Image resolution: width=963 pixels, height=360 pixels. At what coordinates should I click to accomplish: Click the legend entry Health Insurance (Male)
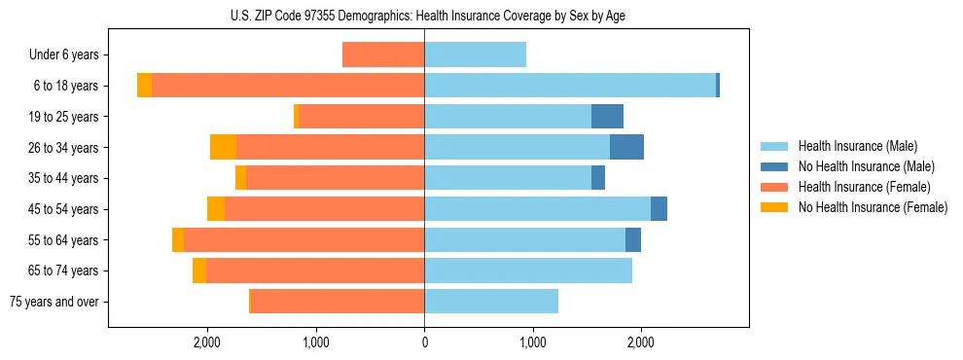pyautogui.click(x=856, y=146)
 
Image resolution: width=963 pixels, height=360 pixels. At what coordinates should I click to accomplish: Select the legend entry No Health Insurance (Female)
pyautogui.click(x=873, y=207)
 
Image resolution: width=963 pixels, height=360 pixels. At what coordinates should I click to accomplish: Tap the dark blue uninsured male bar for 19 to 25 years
pyautogui.click(x=607, y=117)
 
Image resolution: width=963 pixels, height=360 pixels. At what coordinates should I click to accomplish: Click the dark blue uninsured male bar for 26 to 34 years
pyautogui.click(x=626, y=147)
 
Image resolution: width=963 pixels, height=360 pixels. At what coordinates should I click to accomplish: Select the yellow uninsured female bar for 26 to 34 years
pyautogui.click(x=224, y=147)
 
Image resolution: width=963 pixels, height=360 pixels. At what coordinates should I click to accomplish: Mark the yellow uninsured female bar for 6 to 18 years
pyautogui.click(x=144, y=86)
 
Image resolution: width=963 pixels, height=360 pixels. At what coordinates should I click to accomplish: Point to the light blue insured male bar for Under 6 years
pyautogui.click(x=475, y=54)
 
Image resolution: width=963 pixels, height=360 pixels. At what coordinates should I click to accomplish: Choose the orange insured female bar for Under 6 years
pyautogui.click(x=383, y=54)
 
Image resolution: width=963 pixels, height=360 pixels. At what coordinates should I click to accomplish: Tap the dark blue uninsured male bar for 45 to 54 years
pyautogui.click(x=659, y=208)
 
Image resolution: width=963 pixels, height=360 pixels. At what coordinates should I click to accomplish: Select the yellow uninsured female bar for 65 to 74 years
pyautogui.click(x=199, y=270)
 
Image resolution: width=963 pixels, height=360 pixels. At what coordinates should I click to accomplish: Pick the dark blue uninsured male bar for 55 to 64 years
pyautogui.click(x=633, y=239)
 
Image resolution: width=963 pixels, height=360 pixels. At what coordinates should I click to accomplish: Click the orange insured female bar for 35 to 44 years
pyautogui.click(x=335, y=178)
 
